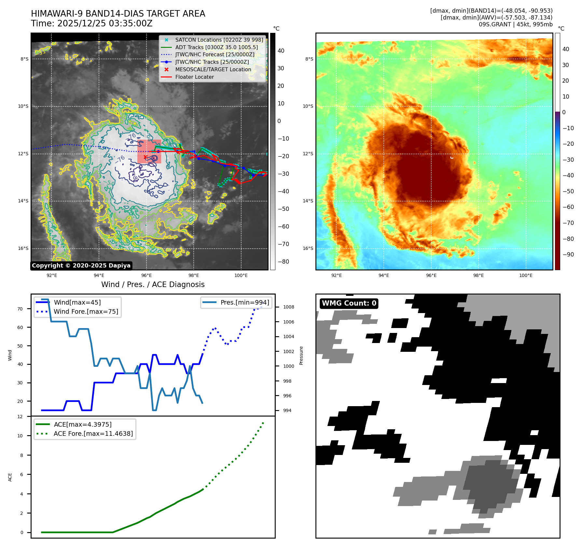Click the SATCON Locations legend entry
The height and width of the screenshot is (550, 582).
point(219,40)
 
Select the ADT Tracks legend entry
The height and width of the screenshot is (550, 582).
point(216,47)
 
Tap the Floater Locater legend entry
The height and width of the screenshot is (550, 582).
point(194,77)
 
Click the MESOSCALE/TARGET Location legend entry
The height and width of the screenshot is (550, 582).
point(213,69)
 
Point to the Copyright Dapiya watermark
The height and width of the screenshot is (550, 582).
point(81,266)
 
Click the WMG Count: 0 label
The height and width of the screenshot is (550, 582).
point(349,303)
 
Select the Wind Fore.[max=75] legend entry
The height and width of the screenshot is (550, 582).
point(86,311)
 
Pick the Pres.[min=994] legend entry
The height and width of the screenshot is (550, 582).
point(245,302)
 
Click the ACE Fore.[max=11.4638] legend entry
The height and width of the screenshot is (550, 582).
point(93,433)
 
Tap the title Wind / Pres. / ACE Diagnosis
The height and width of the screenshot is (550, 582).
point(153,284)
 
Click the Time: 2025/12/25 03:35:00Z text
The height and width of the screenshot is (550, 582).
point(92,23)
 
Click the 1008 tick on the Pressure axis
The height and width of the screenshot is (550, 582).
point(288,307)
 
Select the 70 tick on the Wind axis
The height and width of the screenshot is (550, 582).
point(20,309)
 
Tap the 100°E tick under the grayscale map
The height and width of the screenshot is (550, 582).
point(241,275)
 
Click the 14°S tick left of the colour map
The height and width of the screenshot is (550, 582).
point(308,201)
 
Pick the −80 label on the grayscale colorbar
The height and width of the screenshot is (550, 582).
point(283,262)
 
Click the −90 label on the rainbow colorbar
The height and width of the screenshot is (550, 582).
point(568,254)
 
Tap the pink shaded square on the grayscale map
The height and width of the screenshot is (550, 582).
point(149,151)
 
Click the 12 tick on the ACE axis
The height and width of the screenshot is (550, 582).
point(20,417)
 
